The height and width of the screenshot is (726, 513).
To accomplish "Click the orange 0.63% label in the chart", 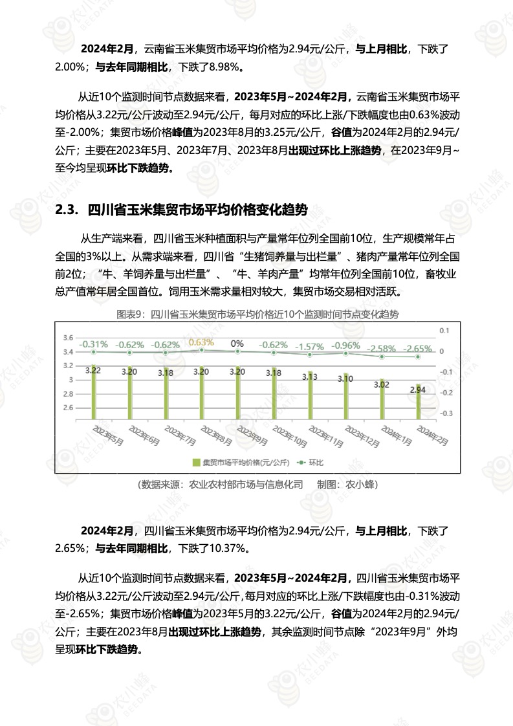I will [x=201, y=342].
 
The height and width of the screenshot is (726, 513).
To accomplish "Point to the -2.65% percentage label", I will [x=418, y=349].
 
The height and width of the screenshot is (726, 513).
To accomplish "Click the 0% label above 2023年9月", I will [x=237, y=344].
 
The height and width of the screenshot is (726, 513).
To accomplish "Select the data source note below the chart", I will [x=257, y=484].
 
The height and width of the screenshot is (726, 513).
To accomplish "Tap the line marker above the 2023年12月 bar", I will [x=346, y=353].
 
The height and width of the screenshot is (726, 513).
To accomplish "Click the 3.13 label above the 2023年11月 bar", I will [x=309, y=377].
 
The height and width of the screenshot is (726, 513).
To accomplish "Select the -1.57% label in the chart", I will [x=309, y=347].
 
